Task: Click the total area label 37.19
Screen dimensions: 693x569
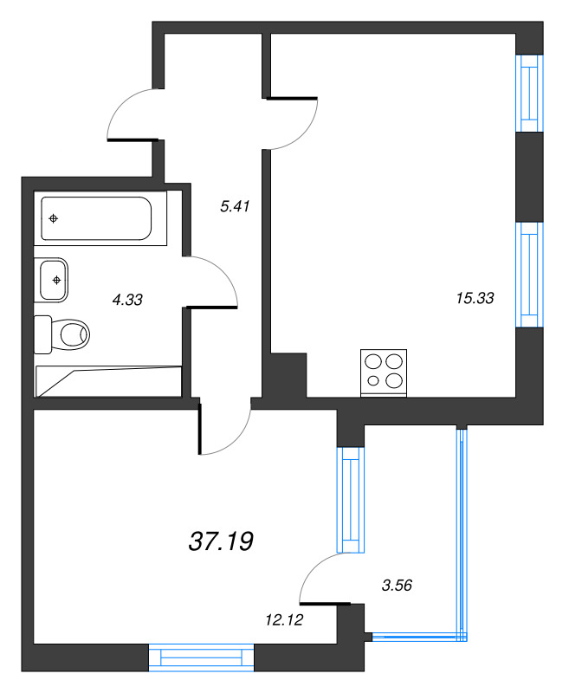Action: (x=220, y=542)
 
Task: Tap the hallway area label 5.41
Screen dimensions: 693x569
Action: (x=236, y=206)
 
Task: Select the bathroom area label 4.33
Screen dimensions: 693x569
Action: (x=127, y=300)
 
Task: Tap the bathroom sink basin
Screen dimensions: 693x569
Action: (x=54, y=279)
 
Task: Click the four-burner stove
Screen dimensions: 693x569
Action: (x=384, y=372)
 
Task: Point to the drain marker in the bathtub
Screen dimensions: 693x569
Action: (x=54, y=218)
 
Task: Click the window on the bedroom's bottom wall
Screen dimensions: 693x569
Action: (x=201, y=657)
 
